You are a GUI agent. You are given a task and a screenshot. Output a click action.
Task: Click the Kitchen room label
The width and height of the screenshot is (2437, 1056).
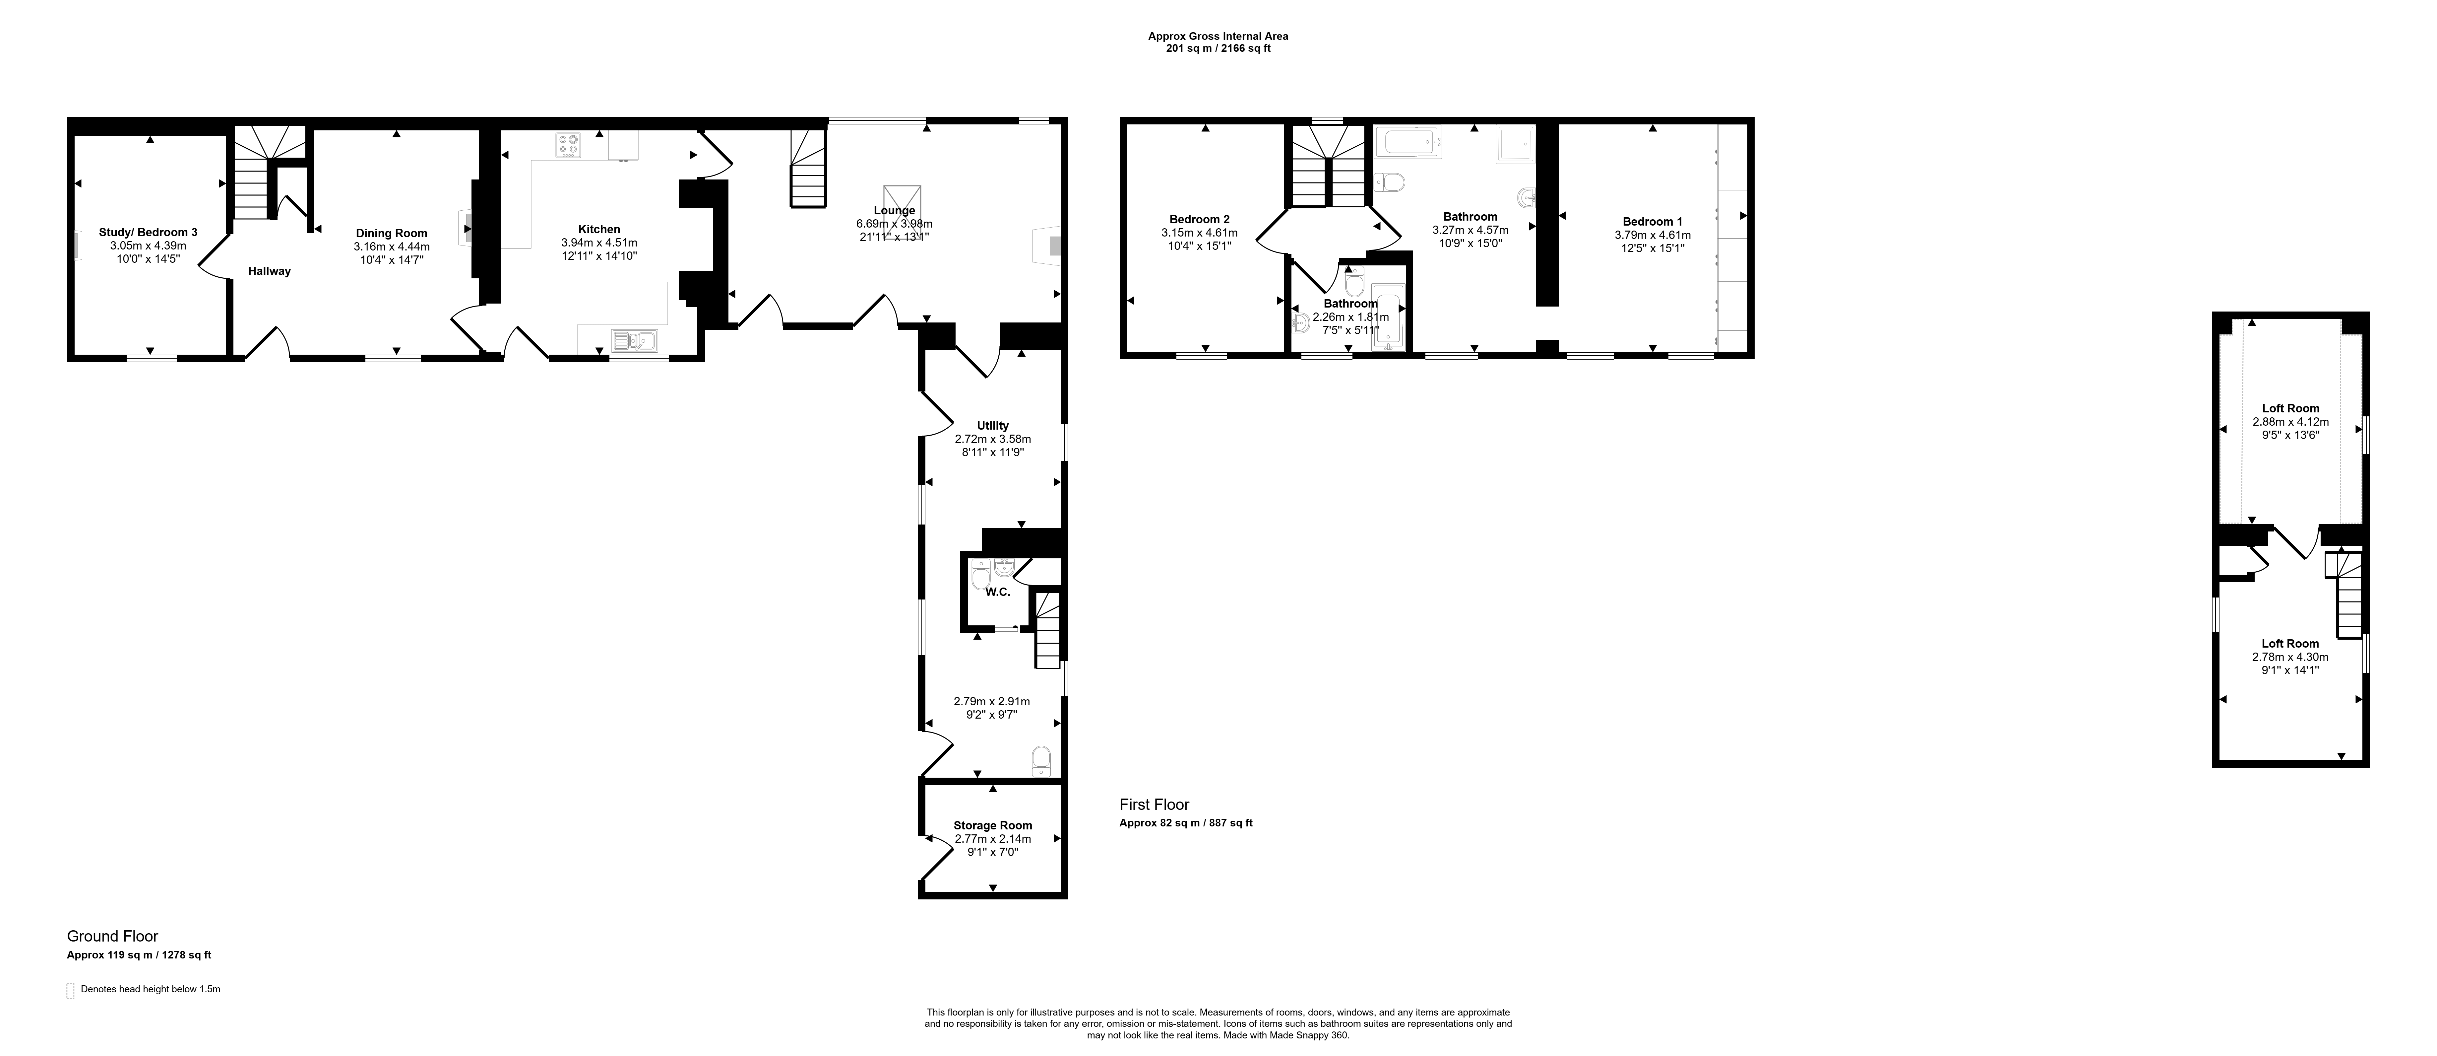point(599,229)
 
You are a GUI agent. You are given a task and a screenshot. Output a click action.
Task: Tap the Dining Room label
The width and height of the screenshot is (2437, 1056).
point(392,233)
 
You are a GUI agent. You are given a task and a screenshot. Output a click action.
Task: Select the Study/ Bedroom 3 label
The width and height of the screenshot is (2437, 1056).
point(149,232)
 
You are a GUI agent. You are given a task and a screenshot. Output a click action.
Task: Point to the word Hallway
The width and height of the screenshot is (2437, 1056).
point(270,272)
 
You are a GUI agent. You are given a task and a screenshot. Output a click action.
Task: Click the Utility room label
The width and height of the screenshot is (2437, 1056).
point(993,426)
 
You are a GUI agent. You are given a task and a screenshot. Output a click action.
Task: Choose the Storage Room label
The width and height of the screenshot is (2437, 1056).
point(992,825)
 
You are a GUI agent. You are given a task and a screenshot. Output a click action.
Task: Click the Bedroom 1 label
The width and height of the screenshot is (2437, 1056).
point(1653,221)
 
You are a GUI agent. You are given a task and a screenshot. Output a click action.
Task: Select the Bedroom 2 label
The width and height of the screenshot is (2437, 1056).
point(1200,220)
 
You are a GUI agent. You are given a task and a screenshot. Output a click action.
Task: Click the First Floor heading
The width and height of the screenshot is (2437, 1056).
point(1154,804)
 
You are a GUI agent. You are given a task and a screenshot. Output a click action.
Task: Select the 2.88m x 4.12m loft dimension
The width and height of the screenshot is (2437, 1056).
point(2289,422)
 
